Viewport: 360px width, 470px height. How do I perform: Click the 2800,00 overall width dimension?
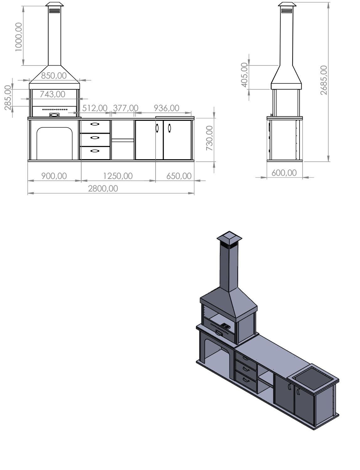tap(103, 188)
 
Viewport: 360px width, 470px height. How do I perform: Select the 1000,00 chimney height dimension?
tap(19, 37)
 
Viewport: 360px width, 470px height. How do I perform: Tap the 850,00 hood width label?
tap(54, 76)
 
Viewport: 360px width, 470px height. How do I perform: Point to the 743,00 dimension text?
tap(52, 94)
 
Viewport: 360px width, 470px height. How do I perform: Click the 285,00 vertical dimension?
tap(8, 97)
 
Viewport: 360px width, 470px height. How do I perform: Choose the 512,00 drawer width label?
tap(95, 108)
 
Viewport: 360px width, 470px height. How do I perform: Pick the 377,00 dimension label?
tap(125, 108)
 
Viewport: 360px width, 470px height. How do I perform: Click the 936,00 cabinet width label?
tap(167, 108)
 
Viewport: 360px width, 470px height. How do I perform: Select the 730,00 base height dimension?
tap(209, 138)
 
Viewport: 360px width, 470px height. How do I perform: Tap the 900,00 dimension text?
tap(54, 176)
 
